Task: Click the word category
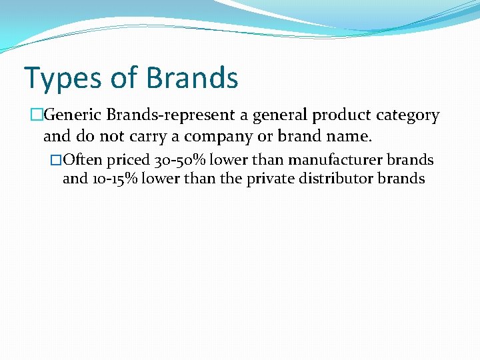pyautogui.click(x=408, y=116)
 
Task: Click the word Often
pyautogui.click(x=82, y=160)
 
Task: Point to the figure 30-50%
pyautogui.click(x=181, y=161)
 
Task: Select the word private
pyautogui.click(x=269, y=179)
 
